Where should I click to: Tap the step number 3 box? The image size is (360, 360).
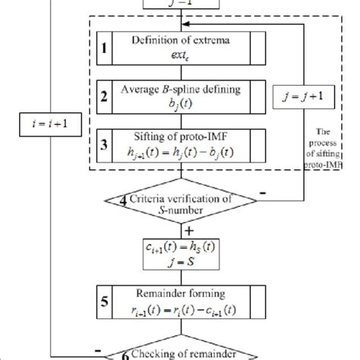(104, 144)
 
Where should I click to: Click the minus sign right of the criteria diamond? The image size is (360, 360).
(261, 194)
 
